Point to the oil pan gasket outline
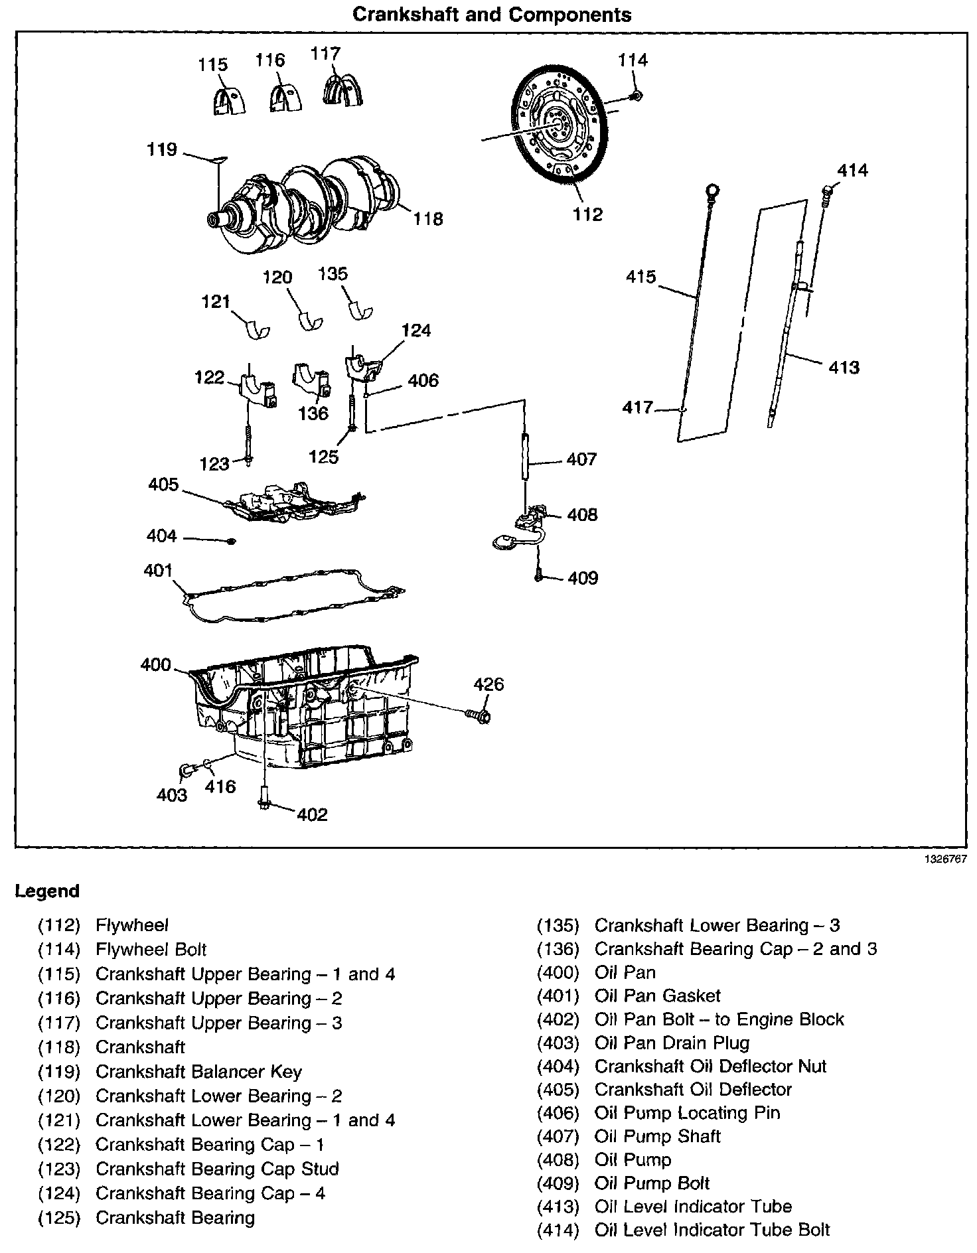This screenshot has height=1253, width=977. click(x=292, y=594)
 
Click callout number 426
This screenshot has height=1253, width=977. click(x=488, y=684)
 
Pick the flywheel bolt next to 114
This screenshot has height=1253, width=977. click(x=636, y=96)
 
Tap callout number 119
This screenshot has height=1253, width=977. click(x=162, y=150)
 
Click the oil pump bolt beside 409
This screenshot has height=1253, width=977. click(x=538, y=577)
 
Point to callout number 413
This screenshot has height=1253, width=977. click(x=844, y=367)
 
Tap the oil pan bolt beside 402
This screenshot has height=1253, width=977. click(x=265, y=798)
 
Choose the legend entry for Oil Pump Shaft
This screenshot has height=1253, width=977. click(x=657, y=1136)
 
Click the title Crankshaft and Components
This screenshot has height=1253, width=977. click(x=491, y=15)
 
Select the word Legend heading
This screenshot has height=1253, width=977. click(x=47, y=891)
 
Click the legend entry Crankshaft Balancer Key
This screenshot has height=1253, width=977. click(x=198, y=1071)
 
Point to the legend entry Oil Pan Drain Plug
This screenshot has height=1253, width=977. click(x=672, y=1043)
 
